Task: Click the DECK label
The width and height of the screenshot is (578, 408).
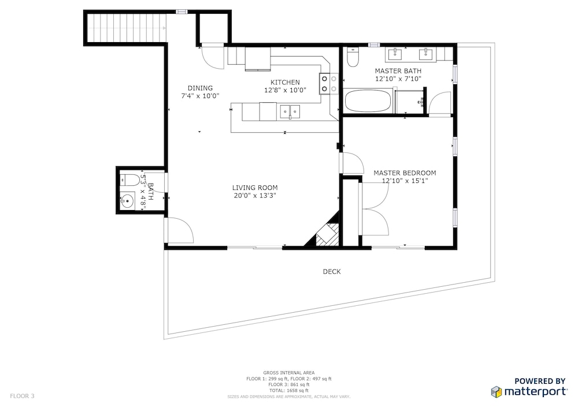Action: coord(332,271)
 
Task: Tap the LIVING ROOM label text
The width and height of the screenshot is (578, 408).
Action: coord(255,188)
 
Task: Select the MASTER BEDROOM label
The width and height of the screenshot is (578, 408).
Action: coord(405,173)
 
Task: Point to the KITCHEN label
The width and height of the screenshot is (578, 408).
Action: coord(285,83)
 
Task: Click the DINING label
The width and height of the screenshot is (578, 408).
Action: coord(200,88)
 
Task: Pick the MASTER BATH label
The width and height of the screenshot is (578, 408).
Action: coord(398,71)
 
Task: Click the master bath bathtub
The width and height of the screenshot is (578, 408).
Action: coord(368,101)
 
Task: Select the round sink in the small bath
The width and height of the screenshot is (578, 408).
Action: coord(128,201)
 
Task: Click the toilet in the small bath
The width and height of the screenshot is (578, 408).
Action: coord(129,180)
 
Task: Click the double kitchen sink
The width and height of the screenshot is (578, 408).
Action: coord(290,111)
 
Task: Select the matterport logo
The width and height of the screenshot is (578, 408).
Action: coord(529,392)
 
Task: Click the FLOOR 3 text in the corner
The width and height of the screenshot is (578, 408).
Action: coord(22,396)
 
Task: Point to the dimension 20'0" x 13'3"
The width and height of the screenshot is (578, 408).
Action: coord(255,196)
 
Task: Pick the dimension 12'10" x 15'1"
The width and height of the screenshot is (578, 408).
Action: coord(405,181)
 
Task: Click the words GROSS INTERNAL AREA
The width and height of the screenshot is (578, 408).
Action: coord(289,373)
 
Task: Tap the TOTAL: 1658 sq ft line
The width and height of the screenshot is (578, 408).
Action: coord(289,390)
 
